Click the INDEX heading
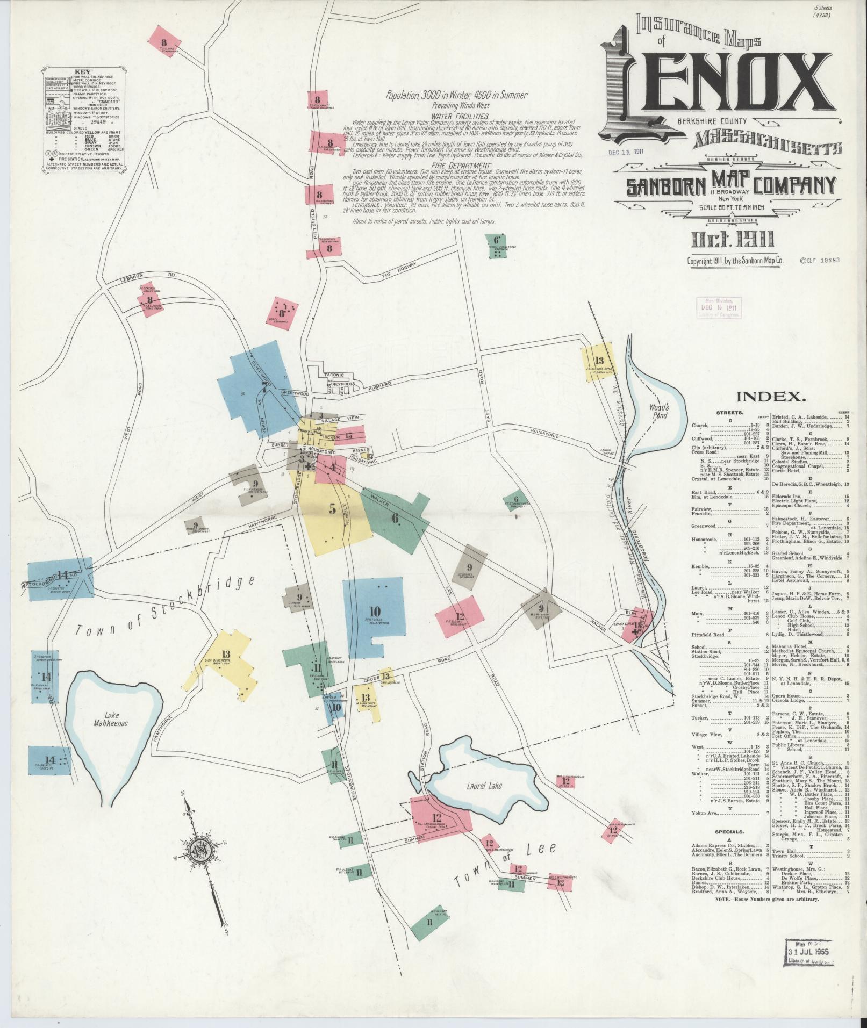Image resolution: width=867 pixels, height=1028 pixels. pyautogui.click(x=771, y=397)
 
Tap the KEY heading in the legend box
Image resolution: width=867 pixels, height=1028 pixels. pyautogui.click(x=82, y=71)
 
